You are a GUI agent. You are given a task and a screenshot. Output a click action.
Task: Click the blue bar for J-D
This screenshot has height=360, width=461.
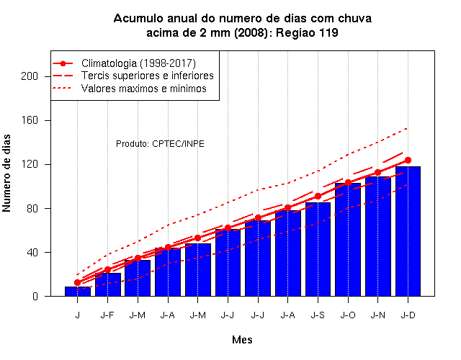coord(408,231)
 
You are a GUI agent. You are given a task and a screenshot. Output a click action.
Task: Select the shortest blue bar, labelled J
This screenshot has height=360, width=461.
coord(78,291)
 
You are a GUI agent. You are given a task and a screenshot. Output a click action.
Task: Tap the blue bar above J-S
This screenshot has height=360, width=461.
coord(318,249)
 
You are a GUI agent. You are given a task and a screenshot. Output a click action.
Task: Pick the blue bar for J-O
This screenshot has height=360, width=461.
coord(348,240)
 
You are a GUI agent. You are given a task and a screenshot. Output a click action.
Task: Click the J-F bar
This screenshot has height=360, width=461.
coord(107,284)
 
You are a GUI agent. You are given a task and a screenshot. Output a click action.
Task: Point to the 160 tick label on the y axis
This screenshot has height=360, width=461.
coord(30,120)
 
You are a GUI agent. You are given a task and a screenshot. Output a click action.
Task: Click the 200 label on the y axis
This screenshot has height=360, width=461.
coord(30,76)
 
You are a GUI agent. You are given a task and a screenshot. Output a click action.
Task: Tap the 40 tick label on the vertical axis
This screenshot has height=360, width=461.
coord(32,252)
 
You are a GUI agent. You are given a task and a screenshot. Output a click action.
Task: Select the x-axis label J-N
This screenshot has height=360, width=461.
coord(377,315)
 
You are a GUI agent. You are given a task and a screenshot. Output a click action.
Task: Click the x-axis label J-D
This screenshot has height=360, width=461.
coord(408,315)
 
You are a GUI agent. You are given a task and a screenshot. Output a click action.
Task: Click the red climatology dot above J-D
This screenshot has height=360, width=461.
coord(408,160)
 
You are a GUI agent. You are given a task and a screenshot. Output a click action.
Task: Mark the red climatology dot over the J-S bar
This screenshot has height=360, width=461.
coord(318,196)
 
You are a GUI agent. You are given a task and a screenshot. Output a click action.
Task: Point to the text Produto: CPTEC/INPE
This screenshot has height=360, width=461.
coord(160,144)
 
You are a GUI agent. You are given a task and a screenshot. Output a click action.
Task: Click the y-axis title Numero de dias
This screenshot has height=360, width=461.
coord(6,173)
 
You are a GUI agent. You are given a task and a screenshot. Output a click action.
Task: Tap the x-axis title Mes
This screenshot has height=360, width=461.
coord(242,340)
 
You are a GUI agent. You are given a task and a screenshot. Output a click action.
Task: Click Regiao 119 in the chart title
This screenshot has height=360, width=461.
coord(307,32)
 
